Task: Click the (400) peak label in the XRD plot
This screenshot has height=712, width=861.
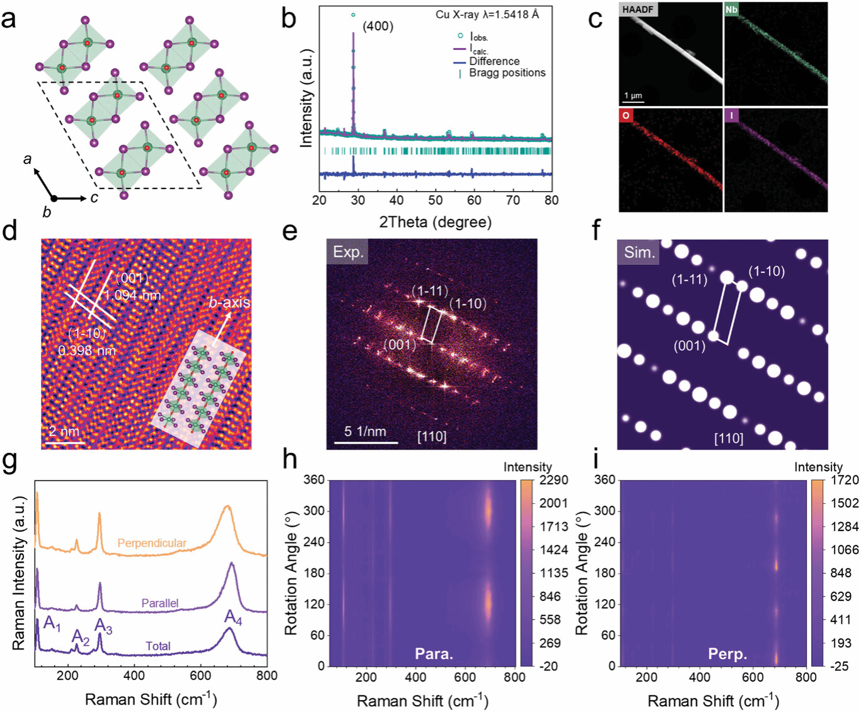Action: click(x=378, y=26)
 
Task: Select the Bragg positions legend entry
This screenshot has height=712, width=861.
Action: click(x=507, y=73)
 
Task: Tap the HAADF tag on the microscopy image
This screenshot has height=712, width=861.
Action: click(x=638, y=9)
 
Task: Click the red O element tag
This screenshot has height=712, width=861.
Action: click(x=626, y=115)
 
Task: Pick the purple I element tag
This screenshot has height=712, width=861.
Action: click(x=731, y=115)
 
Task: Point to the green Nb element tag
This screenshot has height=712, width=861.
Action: click(x=731, y=9)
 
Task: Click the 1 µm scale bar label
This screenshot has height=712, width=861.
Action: click(x=633, y=96)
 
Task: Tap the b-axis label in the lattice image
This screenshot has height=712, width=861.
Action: click(x=229, y=303)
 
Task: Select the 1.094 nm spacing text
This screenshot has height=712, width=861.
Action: click(x=132, y=295)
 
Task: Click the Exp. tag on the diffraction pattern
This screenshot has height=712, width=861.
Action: click(x=347, y=252)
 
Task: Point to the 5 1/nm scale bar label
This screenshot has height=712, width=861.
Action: click(x=365, y=432)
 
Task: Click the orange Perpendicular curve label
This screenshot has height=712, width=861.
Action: click(x=152, y=543)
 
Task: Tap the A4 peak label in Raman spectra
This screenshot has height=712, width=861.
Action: click(x=233, y=618)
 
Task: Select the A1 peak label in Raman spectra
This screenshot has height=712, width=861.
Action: click(x=52, y=626)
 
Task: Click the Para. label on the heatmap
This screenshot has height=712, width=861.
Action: click(x=434, y=654)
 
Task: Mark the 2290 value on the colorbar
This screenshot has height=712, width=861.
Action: click(x=553, y=480)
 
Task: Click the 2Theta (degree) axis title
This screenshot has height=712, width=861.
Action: click(x=435, y=222)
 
